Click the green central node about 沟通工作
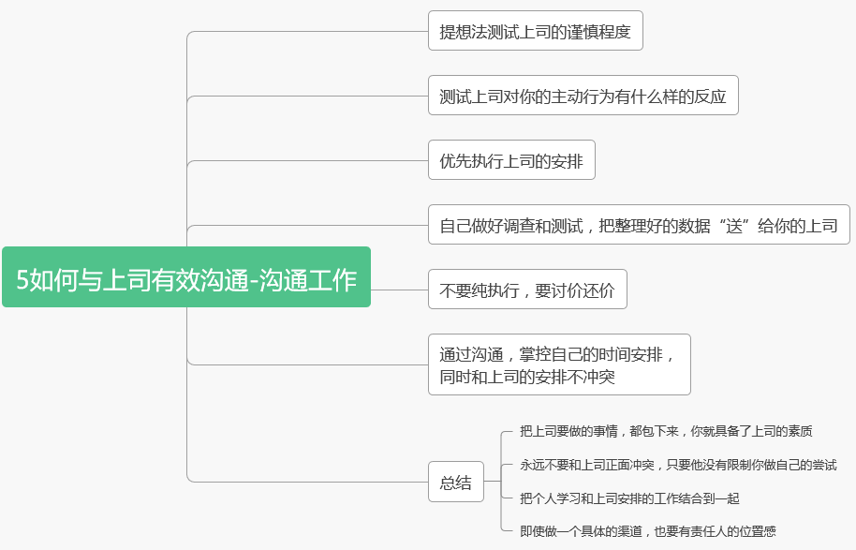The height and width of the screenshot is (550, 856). (186, 277)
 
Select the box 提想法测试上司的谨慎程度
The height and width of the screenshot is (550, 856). (535, 31)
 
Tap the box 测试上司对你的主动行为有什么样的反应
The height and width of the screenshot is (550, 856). (583, 96)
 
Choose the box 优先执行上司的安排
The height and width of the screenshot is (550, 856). (511, 160)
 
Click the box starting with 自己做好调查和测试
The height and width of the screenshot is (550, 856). (639, 225)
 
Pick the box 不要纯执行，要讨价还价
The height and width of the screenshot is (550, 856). (527, 290)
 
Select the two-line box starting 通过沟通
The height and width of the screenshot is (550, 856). (559, 364)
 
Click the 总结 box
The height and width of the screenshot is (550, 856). (456, 483)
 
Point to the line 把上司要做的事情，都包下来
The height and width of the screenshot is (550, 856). (666, 432)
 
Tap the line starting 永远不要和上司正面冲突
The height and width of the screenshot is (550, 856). (678, 465)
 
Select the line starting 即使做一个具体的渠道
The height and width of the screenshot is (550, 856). (648, 531)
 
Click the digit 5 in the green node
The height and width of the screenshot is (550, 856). (22, 278)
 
